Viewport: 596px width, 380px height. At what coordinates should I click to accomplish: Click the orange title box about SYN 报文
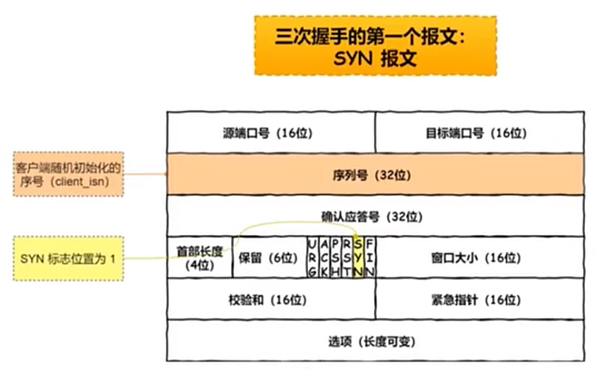tap(375, 45)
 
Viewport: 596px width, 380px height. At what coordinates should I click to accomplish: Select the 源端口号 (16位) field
tap(271, 133)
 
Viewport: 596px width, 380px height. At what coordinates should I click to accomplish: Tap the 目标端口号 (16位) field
tap(479, 133)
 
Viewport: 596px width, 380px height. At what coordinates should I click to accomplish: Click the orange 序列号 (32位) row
tap(375, 175)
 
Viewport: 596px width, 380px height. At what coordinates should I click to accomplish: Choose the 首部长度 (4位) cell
tap(200, 257)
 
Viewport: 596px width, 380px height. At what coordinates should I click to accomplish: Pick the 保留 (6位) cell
tap(268, 257)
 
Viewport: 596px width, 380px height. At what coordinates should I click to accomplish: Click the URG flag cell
tap(312, 257)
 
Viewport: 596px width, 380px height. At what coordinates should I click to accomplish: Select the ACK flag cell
tap(324, 257)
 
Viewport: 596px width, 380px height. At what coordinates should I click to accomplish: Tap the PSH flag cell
tap(335, 257)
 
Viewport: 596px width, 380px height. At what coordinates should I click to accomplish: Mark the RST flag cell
tap(347, 257)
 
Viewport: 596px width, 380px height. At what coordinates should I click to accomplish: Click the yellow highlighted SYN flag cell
tap(358, 257)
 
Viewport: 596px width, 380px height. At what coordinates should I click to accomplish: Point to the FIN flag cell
tap(370, 257)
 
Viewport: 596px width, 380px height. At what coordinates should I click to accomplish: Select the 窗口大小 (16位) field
tap(479, 257)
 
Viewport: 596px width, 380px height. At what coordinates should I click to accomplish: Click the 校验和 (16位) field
tap(271, 299)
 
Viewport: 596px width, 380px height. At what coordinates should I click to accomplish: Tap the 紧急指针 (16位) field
tap(479, 299)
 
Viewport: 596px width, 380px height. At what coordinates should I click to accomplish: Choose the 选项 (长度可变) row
tap(375, 341)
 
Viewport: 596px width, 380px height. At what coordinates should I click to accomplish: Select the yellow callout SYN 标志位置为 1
tap(68, 258)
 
